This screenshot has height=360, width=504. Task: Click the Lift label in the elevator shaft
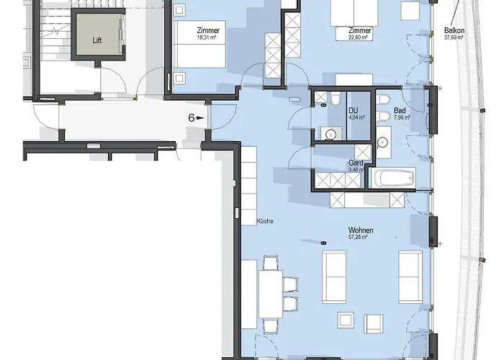[97, 40]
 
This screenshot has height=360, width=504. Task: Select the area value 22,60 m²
[359, 39]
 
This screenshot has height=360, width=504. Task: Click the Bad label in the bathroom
[399, 110]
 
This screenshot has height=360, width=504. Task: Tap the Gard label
[356, 163]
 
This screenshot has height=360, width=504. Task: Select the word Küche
[264, 221]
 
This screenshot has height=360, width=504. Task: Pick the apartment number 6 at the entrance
[192, 116]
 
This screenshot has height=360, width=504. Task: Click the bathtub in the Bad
[392, 178]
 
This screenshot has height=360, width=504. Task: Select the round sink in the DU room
[330, 132]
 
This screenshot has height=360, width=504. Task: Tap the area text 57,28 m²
[358, 237]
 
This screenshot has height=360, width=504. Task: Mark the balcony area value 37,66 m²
[454, 38]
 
